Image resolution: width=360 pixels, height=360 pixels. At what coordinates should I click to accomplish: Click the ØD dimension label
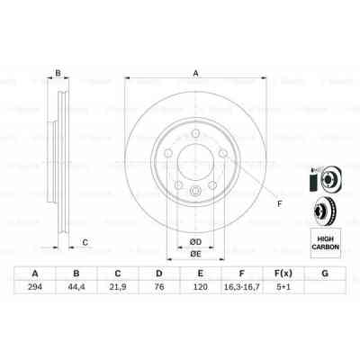tap(193, 239)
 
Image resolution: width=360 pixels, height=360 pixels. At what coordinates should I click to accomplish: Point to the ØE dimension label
tap(194, 254)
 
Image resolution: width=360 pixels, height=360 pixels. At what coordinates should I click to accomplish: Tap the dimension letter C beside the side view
tap(85, 240)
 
